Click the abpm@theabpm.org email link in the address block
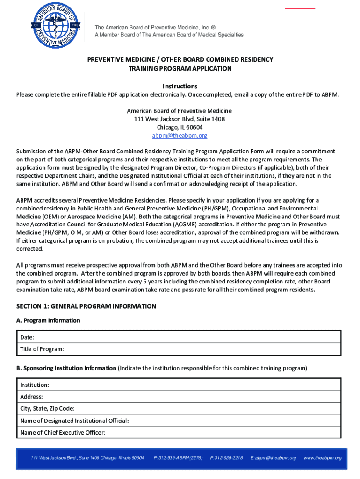pos(180,136)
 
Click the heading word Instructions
pos(180,86)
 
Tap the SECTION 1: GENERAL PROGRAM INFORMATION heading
pos(86,306)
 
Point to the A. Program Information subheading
pos(48,320)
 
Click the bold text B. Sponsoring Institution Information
pos(66,368)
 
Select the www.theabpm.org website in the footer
pos(323,457)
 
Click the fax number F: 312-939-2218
pos(227,457)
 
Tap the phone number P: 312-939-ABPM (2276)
pos(178,457)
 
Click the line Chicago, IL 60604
pos(180,127)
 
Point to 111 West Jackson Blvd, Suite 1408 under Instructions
pos(180,119)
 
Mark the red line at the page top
pos(300,8)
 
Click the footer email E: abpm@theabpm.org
pos(274,457)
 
